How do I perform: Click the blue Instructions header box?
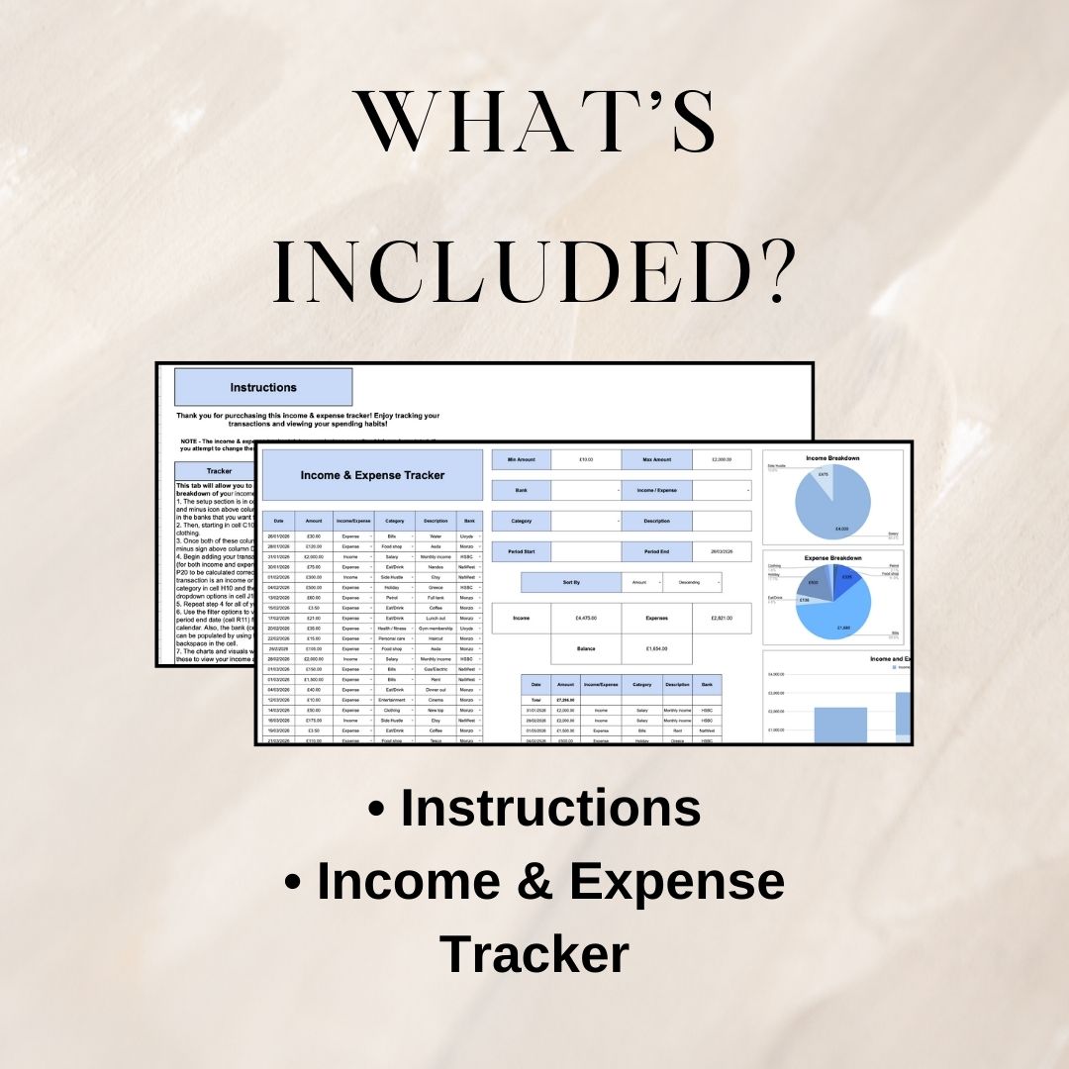pos(263,387)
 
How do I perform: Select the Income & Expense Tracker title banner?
pos(372,475)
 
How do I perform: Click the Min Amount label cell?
pos(521,459)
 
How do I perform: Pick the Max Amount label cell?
pos(655,459)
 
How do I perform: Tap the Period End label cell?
pos(655,551)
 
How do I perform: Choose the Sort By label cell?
pos(571,582)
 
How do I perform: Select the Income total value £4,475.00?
pos(588,618)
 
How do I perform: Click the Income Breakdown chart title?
pos(831,458)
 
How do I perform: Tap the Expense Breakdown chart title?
pos(831,557)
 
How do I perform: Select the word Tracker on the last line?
pos(534,954)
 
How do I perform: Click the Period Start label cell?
pos(521,551)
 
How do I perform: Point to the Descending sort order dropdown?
pos(692,582)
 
